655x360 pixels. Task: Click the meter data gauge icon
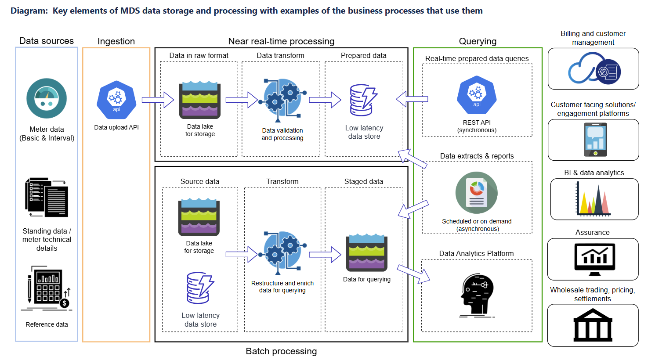[x=47, y=98]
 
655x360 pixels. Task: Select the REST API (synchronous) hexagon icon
[x=477, y=95]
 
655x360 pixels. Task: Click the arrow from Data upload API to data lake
[x=158, y=100]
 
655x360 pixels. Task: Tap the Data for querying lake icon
[x=367, y=253]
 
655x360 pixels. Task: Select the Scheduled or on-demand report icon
[x=477, y=193]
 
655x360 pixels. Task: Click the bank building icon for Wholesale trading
[x=593, y=325]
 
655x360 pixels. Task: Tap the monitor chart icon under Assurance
[x=595, y=259]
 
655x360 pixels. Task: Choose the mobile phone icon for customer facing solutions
[x=595, y=140]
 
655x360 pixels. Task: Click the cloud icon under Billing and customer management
[x=594, y=68]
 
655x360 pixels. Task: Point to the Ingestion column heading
[x=116, y=41]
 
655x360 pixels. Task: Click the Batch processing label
[x=281, y=351]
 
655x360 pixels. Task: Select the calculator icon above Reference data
[x=47, y=288]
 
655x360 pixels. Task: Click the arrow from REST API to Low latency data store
[x=412, y=99]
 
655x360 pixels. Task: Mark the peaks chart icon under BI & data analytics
[x=593, y=199]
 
